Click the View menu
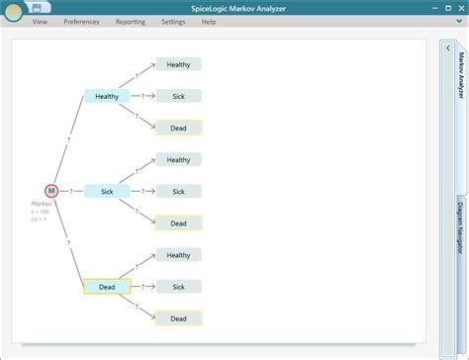tap(40, 21)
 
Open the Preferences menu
tap(81, 21)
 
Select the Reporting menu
tap(130, 21)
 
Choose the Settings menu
tap(172, 21)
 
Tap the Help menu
tap(209, 21)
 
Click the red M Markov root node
tap(51, 191)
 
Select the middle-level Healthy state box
tap(107, 96)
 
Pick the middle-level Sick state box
tap(107, 191)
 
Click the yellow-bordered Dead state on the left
tap(107, 287)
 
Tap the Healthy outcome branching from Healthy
tap(178, 64)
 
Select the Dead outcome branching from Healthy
tap(178, 128)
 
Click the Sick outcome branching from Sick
tap(178, 191)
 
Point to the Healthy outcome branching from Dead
tap(178, 255)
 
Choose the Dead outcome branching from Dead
tap(178, 318)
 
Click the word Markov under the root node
tap(42, 204)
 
